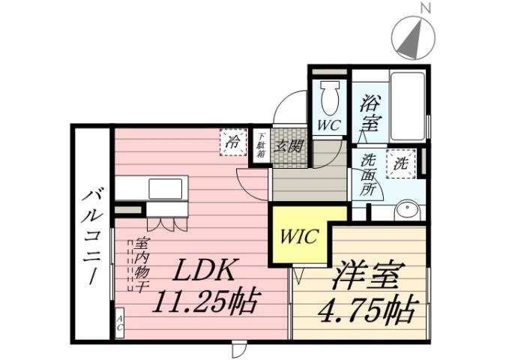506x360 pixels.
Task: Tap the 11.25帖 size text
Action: [206, 302]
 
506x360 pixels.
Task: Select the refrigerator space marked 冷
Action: [234, 142]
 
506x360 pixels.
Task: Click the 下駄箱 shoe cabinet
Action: [261, 144]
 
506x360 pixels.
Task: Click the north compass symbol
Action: [414, 37]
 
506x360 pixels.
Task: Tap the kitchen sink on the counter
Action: [165, 188]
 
